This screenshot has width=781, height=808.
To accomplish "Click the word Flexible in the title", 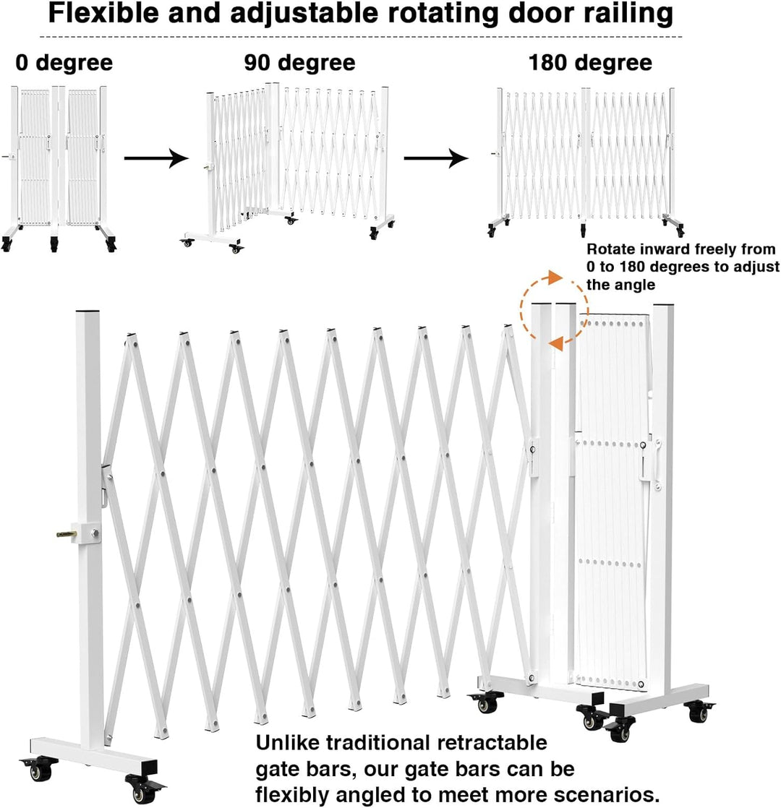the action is pyautogui.click(x=104, y=14).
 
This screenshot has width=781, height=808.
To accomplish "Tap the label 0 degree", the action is pyautogui.click(x=64, y=63).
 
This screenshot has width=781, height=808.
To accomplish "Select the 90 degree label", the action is pyautogui.click(x=299, y=63).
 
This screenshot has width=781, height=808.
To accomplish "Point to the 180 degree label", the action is pyautogui.click(x=590, y=63).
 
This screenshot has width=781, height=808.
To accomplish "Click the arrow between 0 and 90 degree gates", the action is pyautogui.click(x=156, y=158).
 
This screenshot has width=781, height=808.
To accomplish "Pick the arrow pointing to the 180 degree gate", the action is pyautogui.click(x=435, y=158).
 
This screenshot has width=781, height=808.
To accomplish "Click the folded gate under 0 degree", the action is pyautogui.click(x=59, y=168).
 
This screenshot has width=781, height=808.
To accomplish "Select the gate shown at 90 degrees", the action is pyautogui.click(x=288, y=168).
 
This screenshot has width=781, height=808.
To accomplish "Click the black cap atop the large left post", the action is pyautogui.click(x=88, y=311).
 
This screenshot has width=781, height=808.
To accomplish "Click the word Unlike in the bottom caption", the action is pyautogui.click(x=288, y=743).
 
